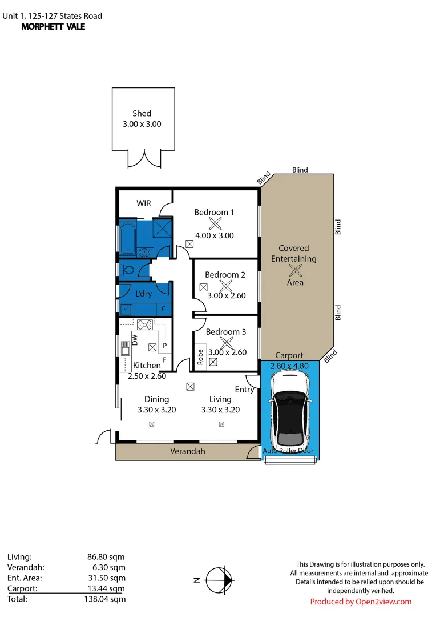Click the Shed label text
[142, 113]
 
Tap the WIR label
[144, 203]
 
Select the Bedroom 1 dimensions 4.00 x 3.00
[215, 235]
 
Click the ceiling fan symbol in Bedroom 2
[226, 286]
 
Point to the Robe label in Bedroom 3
[200, 357]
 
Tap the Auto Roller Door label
[288, 451]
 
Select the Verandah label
[187, 451]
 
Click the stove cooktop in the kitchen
[146, 324]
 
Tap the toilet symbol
[127, 270]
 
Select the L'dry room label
[143, 294]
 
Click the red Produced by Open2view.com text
[361, 602]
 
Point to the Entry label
[244, 390]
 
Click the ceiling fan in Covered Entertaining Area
[296, 270]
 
